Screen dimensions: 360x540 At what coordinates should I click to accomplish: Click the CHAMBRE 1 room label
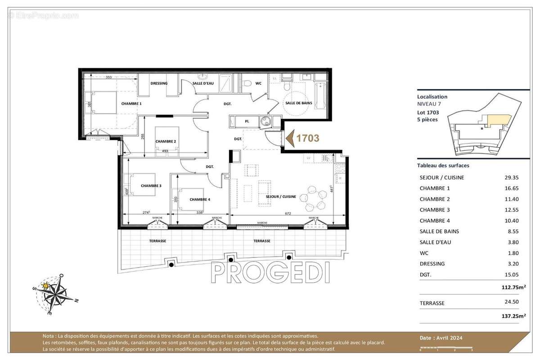[131, 103]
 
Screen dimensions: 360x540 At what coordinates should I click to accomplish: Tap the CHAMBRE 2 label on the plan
[166, 141]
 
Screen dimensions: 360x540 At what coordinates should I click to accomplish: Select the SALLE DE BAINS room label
[298, 103]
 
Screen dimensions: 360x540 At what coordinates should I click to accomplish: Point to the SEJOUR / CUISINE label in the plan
[281, 197]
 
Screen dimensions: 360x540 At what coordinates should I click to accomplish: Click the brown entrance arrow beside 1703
[290, 138]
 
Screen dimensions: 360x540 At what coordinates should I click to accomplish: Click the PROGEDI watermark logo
[270, 272]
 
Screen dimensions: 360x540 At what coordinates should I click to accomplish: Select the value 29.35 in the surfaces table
[512, 178]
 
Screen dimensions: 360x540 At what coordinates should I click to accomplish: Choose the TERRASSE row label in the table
[432, 303]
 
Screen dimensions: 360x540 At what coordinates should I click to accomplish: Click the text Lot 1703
[428, 112]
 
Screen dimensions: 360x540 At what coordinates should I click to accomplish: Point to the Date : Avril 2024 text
[441, 338]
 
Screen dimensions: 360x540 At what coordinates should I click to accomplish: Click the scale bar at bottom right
[445, 347]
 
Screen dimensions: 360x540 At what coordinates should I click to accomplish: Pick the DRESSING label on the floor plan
[159, 83]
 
